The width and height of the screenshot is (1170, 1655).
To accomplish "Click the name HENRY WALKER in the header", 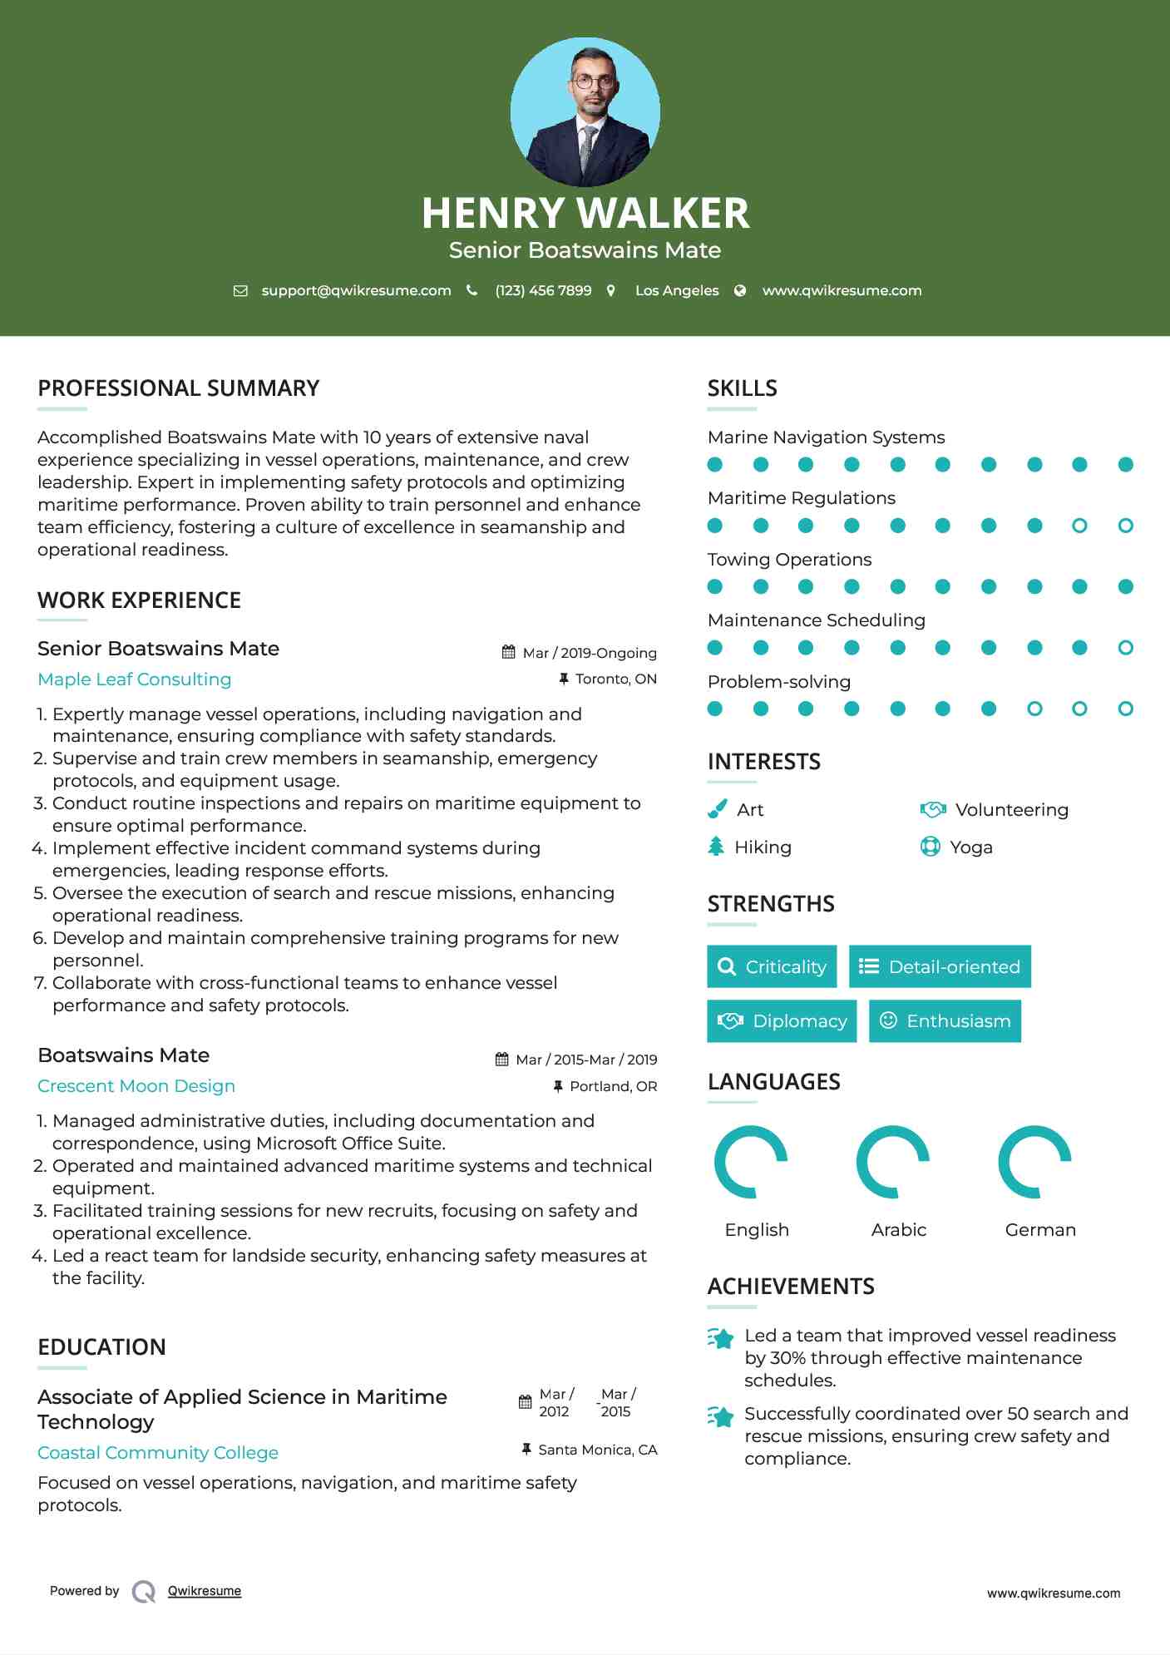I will pyautogui.click(x=585, y=213).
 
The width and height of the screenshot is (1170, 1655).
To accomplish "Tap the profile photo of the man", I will pyautogui.click(x=585, y=111).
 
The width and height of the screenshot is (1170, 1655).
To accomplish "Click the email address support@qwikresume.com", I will pyautogui.click(x=356, y=290).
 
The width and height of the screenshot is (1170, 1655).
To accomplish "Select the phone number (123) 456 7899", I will pyautogui.click(x=543, y=290).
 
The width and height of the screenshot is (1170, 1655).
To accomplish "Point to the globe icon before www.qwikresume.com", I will pyautogui.click(x=740, y=290).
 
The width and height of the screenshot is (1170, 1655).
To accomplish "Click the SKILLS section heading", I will pyautogui.click(x=742, y=388).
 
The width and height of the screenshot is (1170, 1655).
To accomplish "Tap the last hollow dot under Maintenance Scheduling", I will pyautogui.click(x=1125, y=648).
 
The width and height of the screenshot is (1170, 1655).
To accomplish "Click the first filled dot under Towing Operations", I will pyautogui.click(x=715, y=587).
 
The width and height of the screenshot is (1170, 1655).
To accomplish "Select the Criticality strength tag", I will pyautogui.click(x=772, y=966).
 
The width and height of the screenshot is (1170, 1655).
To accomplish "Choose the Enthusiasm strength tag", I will pyautogui.click(x=945, y=1021).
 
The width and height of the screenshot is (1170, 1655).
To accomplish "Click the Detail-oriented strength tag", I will pyautogui.click(x=940, y=966).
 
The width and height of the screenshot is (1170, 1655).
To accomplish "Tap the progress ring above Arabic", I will pyautogui.click(x=893, y=1162).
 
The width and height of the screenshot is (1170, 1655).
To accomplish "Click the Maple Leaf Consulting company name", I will pyautogui.click(x=135, y=679).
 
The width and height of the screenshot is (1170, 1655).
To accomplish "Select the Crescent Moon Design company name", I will pyautogui.click(x=136, y=1086).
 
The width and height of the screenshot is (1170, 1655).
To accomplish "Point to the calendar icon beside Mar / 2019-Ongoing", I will pyautogui.click(x=509, y=653).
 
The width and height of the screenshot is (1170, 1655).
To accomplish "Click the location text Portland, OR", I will pyautogui.click(x=613, y=1086).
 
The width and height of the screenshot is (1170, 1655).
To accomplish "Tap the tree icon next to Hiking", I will pyautogui.click(x=716, y=847).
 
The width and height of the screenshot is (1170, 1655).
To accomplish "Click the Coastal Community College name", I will pyautogui.click(x=158, y=1453).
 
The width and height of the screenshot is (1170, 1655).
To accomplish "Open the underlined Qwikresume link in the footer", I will pyautogui.click(x=205, y=1591).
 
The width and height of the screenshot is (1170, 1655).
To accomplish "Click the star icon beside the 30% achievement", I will pyautogui.click(x=720, y=1338).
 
